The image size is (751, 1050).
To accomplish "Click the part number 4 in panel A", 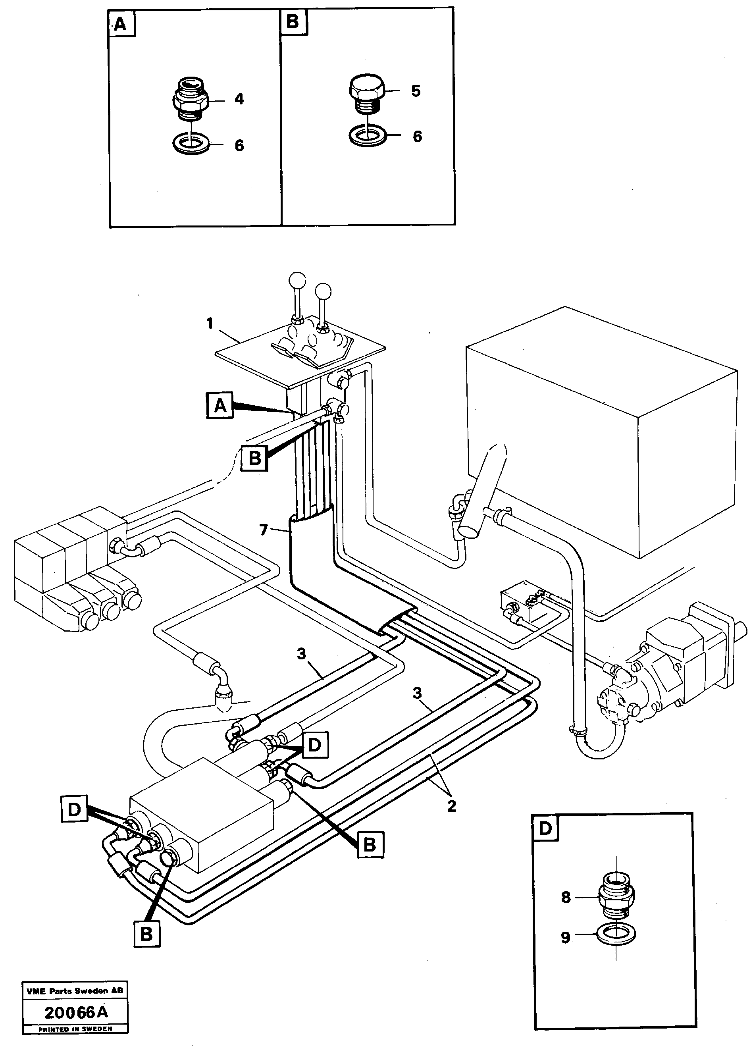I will [239, 99].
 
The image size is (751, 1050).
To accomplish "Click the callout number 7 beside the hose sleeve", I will [264, 530].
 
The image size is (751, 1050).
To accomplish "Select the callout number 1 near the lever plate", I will [210, 323].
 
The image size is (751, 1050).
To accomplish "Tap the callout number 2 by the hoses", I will [451, 806].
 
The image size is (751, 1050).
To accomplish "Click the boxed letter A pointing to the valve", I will [220, 405].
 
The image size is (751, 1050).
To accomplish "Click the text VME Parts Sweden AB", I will [75, 990].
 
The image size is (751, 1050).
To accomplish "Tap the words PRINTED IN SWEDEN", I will [75, 1029].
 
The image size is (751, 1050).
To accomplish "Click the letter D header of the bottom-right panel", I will [545, 828].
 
